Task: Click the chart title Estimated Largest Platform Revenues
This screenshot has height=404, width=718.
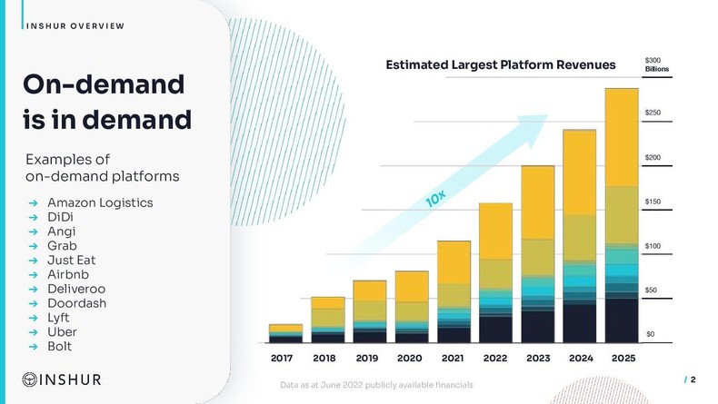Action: pyautogui.click(x=501, y=64)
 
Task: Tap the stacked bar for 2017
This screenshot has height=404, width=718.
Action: pyautogui.click(x=285, y=333)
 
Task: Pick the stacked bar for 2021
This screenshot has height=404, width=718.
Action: pyautogui.click(x=454, y=291)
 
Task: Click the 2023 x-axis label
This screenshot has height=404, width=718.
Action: pyautogui.click(x=537, y=359)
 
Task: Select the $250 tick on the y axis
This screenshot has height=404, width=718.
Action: pyautogui.click(x=653, y=113)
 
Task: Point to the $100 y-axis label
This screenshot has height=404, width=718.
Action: pyautogui.click(x=653, y=246)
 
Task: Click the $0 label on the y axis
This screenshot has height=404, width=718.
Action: pyautogui.click(x=650, y=334)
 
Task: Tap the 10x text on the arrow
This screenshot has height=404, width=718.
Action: pyautogui.click(x=435, y=198)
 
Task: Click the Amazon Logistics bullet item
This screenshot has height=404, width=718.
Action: pyautogui.click(x=100, y=202)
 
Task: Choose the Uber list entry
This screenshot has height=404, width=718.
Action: pyautogui.click(x=62, y=332)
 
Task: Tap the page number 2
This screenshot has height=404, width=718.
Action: pyautogui.click(x=693, y=380)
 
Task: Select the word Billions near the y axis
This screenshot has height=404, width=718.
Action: pyautogui.click(x=656, y=69)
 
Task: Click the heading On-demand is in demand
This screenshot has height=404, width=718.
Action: pyautogui.click(x=106, y=103)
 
